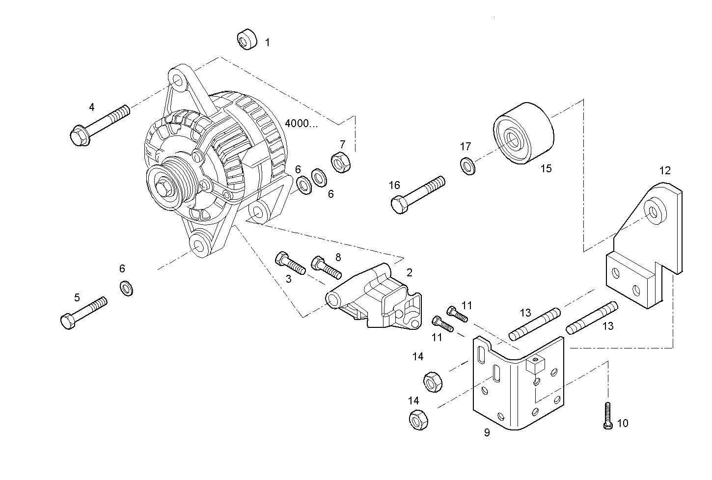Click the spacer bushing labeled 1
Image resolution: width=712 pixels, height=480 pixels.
[x=248, y=40]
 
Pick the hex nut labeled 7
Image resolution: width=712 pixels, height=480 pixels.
[x=340, y=162]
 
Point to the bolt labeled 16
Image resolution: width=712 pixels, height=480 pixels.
[x=417, y=195]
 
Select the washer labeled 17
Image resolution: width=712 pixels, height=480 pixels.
[x=467, y=165]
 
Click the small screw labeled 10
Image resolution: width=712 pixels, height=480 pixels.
[x=607, y=415]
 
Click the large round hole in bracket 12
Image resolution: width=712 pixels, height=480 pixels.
[x=653, y=212]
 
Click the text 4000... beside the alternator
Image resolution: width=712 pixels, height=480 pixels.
[x=301, y=123]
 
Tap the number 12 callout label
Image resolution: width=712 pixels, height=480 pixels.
[x=665, y=171]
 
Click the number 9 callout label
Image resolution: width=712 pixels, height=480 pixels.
[x=487, y=432]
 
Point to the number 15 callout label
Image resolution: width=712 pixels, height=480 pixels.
[x=546, y=168]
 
